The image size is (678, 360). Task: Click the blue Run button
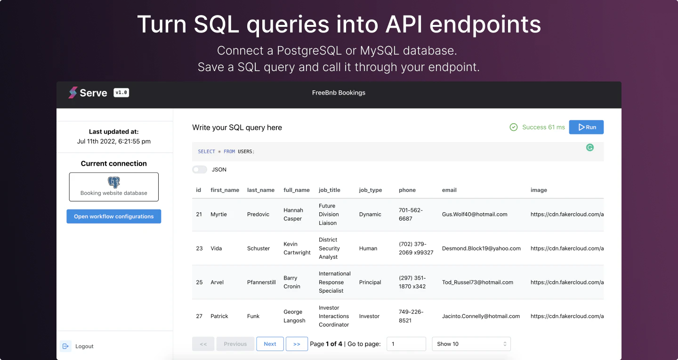(x=586, y=127)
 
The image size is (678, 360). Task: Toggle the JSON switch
(x=200, y=169)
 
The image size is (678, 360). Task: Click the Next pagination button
(x=270, y=344)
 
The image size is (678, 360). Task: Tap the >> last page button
(x=297, y=344)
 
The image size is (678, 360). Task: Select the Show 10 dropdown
(x=471, y=344)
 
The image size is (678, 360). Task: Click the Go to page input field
(x=406, y=344)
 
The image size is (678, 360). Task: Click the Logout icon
(x=65, y=346)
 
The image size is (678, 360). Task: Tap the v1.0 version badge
(x=121, y=93)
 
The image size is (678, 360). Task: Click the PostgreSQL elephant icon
(x=114, y=182)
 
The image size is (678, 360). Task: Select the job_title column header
(x=329, y=190)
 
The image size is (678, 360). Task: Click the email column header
(x=449, y=190)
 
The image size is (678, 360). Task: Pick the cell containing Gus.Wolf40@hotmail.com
(x=475, y=214)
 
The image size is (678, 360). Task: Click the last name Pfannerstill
(x=261, y=282)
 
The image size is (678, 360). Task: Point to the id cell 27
(x=199, y=316)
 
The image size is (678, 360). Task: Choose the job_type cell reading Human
(x=368, y=248)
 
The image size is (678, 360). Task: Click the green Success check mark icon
(x=513, y=127)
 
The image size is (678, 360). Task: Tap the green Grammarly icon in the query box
(x=589, y=147)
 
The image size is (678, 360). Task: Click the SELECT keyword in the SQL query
(x=206, y=151)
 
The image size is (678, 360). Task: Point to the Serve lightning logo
(x=73, y=93)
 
